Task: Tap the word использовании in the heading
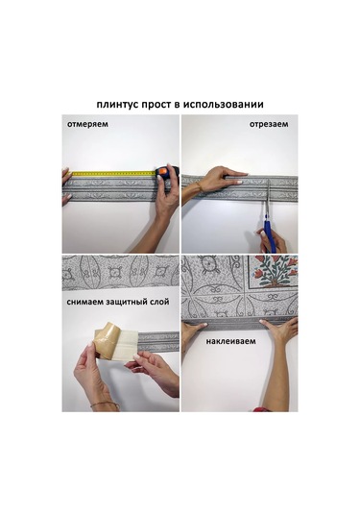[223, 105]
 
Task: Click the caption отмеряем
[87, 124]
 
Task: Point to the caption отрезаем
[269, 124]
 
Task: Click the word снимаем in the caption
[85, 302]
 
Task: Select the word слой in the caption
[160, 302]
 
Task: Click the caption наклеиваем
[230, 341]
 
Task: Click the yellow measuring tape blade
[113, 173]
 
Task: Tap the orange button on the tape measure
[163, 171]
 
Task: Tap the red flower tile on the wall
[273, 272]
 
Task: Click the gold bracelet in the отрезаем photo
[200, 187]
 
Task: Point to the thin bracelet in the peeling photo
[105, 404]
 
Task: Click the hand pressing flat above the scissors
[224, 179]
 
